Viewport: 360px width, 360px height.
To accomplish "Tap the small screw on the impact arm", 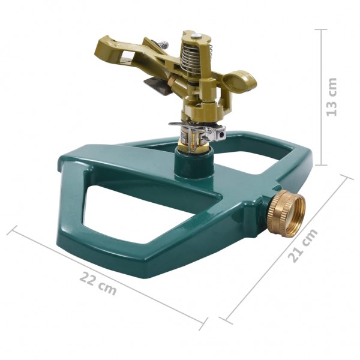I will [161, 44].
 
